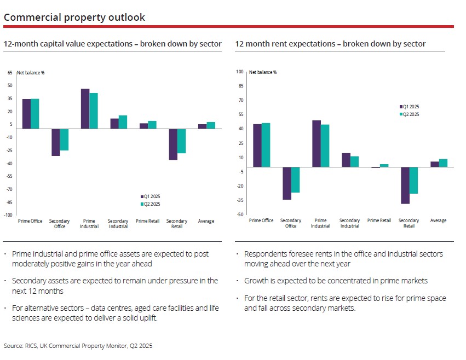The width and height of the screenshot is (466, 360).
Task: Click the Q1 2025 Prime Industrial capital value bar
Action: [x=85, y=109]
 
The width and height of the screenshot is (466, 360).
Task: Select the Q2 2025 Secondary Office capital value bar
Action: [x=64, y=140]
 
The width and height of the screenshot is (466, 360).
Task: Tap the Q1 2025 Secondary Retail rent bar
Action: [x=405, y=185]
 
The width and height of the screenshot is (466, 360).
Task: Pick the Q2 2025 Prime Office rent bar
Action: [x=266, y=145]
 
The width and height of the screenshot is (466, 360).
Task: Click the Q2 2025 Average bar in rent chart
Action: [x=443, y=163]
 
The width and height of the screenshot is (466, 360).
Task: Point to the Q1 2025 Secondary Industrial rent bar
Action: [x=346, y=160]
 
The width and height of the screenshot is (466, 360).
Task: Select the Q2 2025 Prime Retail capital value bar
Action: [x=152, y=125]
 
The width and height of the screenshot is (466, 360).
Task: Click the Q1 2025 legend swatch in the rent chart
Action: [x=400, y=107]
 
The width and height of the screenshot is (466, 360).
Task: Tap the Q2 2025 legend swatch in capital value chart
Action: [x=141, y=204]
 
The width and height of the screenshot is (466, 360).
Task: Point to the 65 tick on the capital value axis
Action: [x=10, y=72]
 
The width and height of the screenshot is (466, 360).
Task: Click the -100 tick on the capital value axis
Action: [x=8, y=215]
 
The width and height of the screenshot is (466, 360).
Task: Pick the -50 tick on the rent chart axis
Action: [x=240, y=214]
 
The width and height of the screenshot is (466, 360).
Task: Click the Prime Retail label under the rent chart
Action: [x=379, y=220]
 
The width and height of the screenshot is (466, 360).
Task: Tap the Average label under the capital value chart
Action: [x=206, y=221]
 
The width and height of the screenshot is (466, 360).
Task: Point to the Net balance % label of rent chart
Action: [x=263, y=72]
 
